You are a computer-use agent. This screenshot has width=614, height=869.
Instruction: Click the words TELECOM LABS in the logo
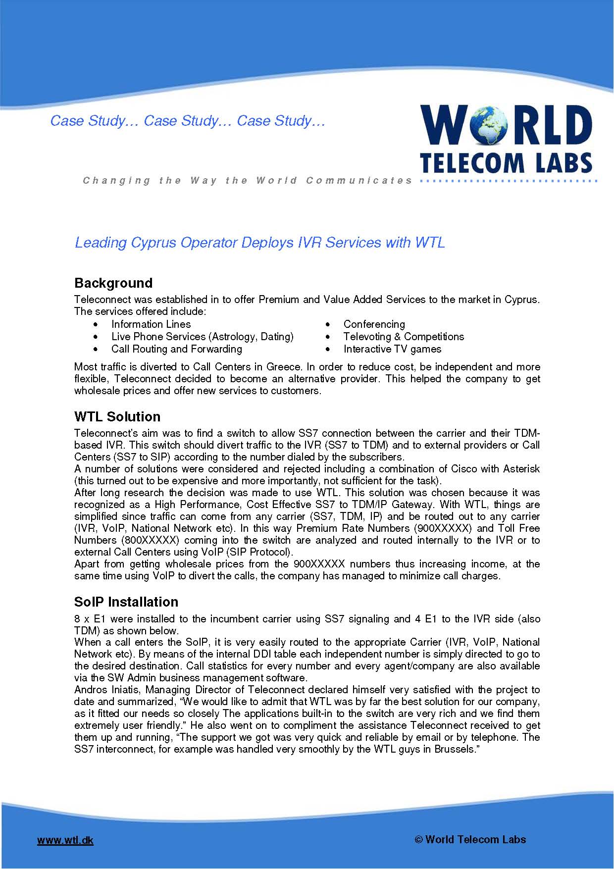(x=506, y=162)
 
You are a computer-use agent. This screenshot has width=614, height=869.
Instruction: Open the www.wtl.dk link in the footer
(x=65, y=840)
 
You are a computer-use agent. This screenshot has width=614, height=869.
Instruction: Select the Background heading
(x=113, y=283)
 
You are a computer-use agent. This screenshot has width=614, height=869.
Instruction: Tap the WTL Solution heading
(x=117, y=416)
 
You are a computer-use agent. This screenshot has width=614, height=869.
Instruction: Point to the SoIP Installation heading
(x=126, y=602)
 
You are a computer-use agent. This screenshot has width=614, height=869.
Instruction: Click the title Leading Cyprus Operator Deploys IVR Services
(x=259, y=243)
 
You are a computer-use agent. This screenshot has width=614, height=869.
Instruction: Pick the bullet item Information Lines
(x=151, y=324)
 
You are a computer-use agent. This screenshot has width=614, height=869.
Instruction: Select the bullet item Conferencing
(x=374, y=324)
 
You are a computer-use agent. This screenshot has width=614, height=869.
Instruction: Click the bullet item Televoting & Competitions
(x=404, y=337)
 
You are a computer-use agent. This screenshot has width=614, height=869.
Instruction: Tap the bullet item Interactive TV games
(x=392, y=349)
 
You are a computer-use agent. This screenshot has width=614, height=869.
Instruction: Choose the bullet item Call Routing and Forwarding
(x=177, y=349)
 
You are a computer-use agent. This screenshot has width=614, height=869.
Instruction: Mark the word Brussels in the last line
(x=454, y=749)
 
